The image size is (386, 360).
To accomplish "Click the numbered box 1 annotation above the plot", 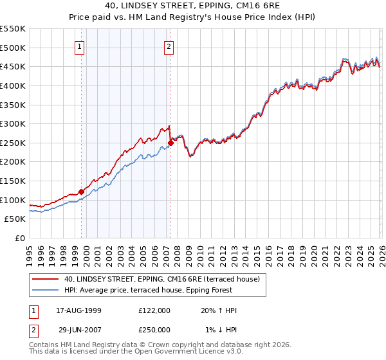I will pyautogui.click(x=79, y=46).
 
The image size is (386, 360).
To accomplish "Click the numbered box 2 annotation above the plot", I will pyautogui.click(x=169, y=46).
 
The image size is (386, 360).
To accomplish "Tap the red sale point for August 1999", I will pyautogui.click(x=82, y=192).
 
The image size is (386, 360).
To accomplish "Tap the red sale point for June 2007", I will pyautogui.click(x=171, y=143).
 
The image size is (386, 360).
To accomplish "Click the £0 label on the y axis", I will pyautogui.click(x=19, y=239).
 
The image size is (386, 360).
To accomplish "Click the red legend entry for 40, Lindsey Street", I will pyautogui.click(x=161, y=279).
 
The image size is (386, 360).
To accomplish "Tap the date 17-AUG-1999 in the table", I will pyautogui.click(x=78, y=310).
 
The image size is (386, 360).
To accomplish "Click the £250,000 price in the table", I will pyautogui.click(x=154, y=328).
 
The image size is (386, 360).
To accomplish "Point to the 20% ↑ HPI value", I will pyautogui.click(x=219, y=310).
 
